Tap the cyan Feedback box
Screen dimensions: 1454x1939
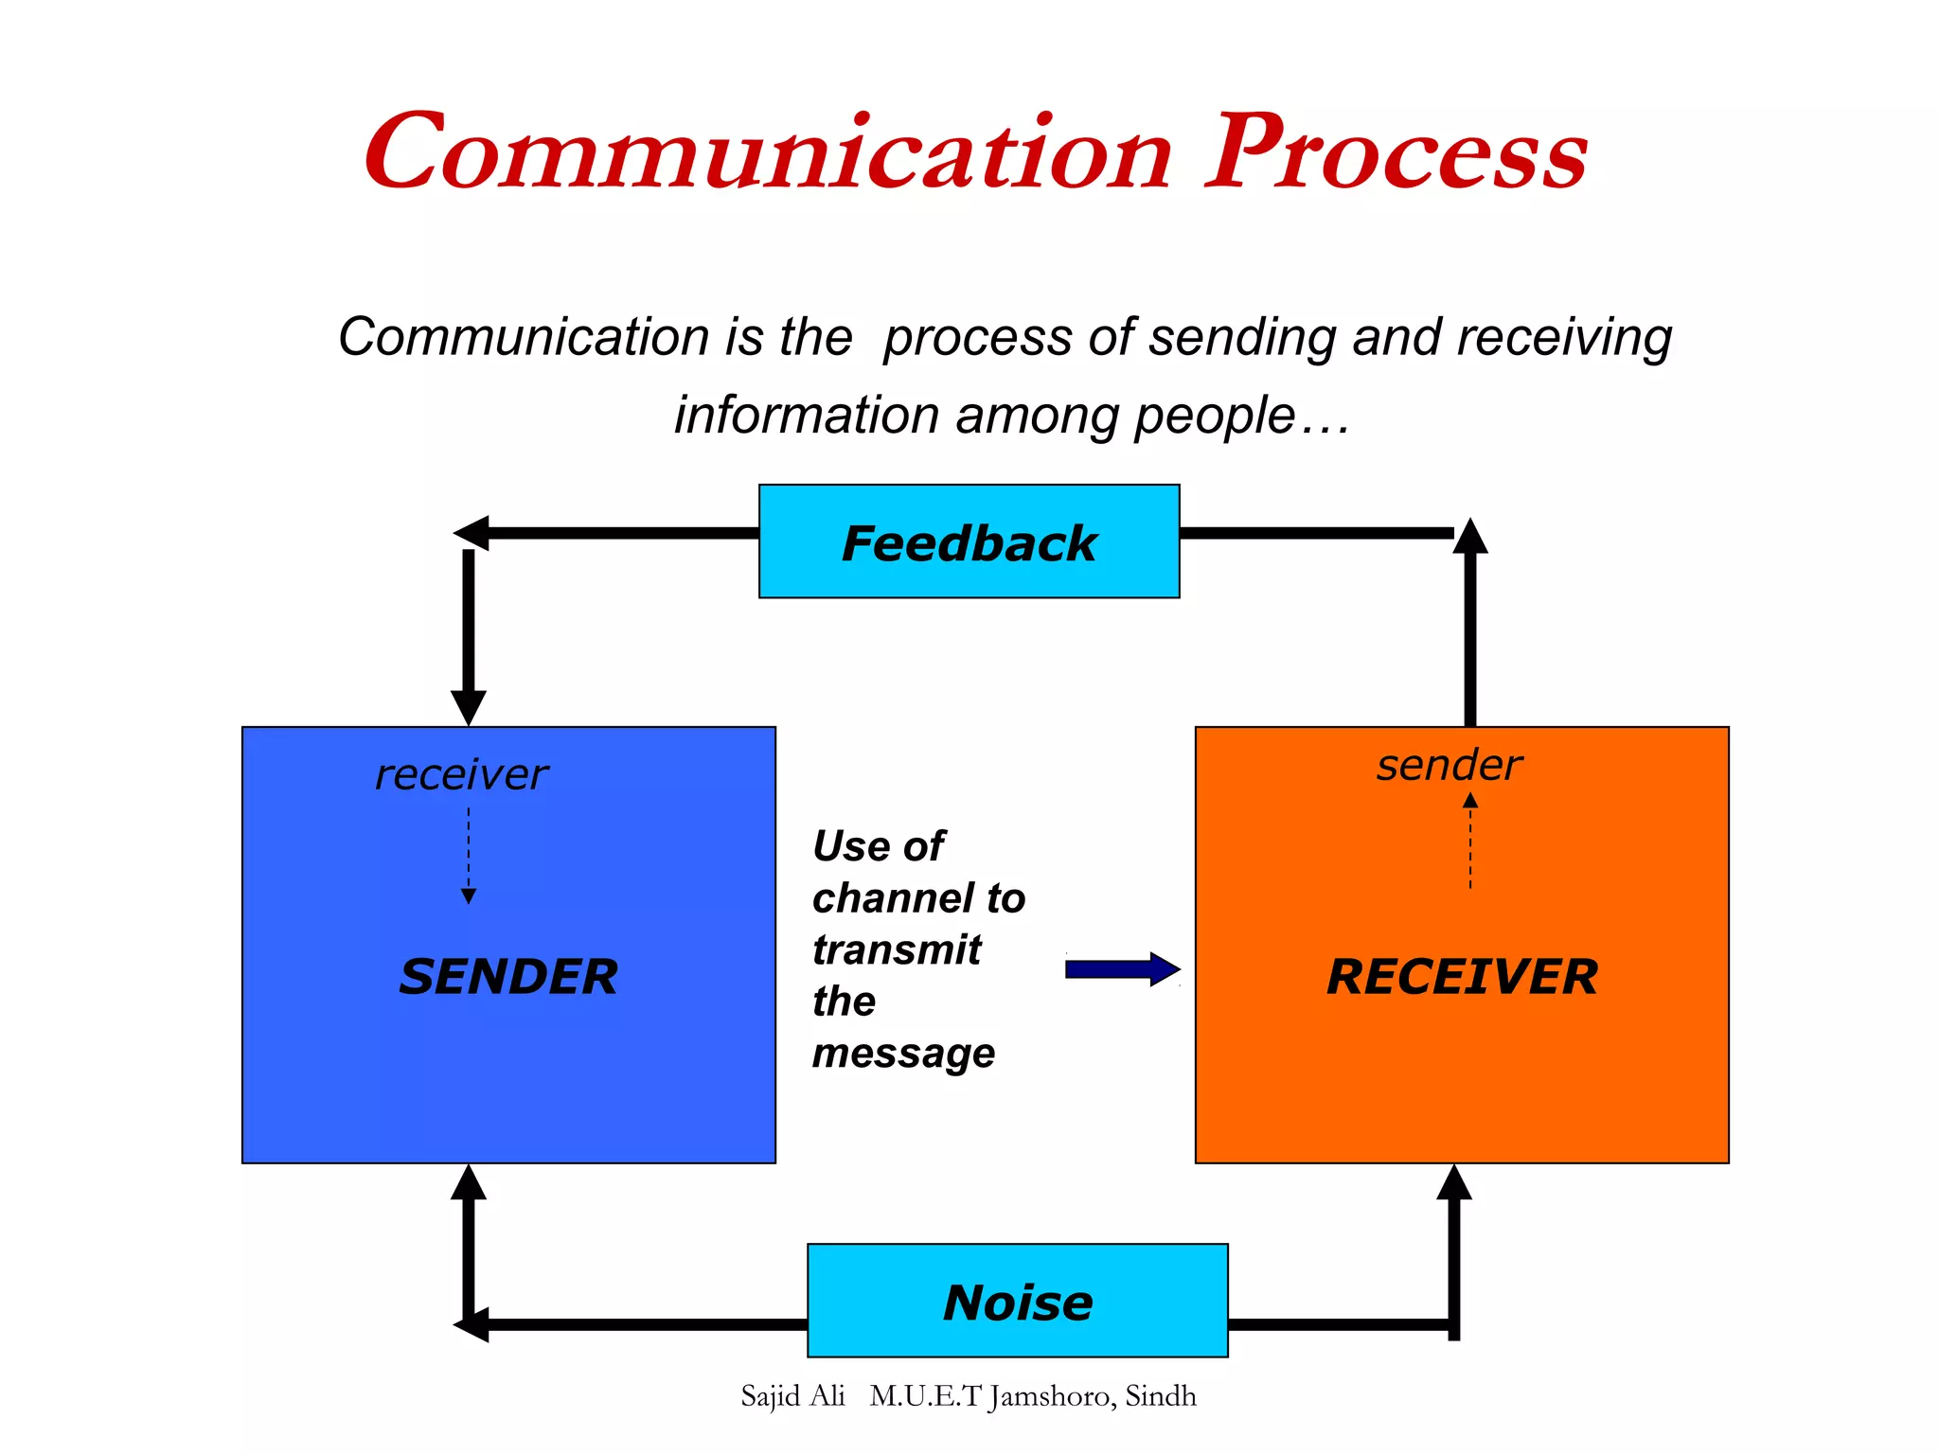coord(969,541)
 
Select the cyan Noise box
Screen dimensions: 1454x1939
coord(1017,1301)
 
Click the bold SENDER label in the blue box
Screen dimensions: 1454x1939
coord(508,977)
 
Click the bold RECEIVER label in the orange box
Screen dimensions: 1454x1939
coord(1462,977)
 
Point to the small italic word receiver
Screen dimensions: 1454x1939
coord(461,774)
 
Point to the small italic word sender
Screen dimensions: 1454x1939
coord(1450,765)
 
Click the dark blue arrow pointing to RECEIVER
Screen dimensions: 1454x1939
coord(1122,969)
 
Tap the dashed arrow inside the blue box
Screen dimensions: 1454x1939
coord(469,857)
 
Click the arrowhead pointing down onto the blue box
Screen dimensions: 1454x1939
coord(469,707)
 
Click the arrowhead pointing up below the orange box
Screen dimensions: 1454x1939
coord(1454,1183)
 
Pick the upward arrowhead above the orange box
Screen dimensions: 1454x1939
coord(1470,537)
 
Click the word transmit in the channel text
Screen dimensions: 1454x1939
coord(897,949)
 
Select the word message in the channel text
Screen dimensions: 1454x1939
coord(903,1054)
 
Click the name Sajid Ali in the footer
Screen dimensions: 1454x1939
coord(792,1396)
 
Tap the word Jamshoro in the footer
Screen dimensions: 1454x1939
coord(1050,1397)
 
